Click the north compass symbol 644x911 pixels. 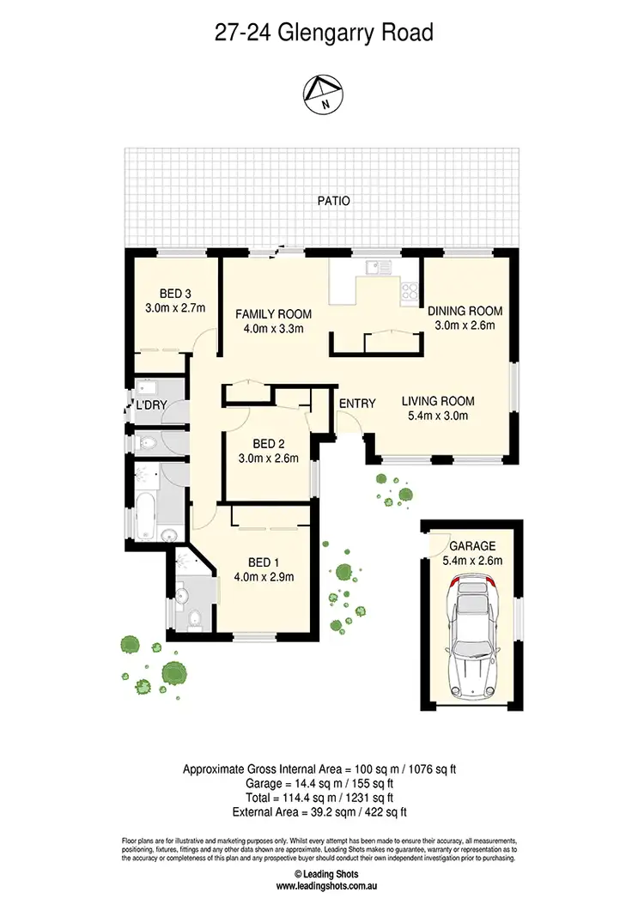(322, 92)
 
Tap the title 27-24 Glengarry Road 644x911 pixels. (322, 33)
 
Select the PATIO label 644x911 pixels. (333, 201)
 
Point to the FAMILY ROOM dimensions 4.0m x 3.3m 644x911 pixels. (273, 327)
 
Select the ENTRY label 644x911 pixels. (356, 404)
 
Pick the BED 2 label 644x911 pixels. (269, 444)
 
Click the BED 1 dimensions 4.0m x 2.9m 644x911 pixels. (264, 576)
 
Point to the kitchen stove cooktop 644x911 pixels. (408, 291)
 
